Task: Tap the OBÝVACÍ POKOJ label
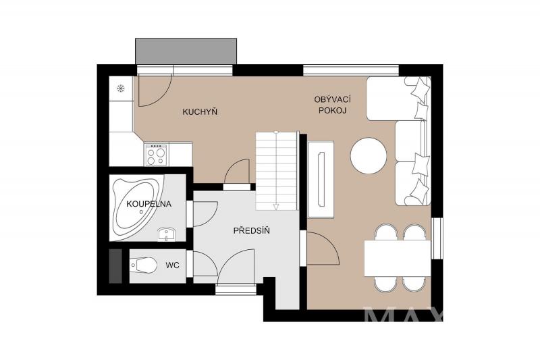[x=332, y=105]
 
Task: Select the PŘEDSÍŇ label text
[x=251, y=230]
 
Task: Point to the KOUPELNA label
[x=148, y=204]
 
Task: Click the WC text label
[x=172, y=265]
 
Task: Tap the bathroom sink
[x=167, y=234]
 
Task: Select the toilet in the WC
[x=143, y=265]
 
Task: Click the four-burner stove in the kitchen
[x=156, y=155]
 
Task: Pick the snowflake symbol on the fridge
[x=121, y=88]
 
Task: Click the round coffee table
[x=369, y=156]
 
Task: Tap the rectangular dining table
[x=398, y=259]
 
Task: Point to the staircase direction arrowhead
[x=275, y=207]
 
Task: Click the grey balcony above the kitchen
[x=186, y=51]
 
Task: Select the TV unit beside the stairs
[x=321, y=179]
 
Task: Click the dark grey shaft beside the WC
[x=115, y=266]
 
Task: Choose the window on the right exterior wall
[x=437, y=238]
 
